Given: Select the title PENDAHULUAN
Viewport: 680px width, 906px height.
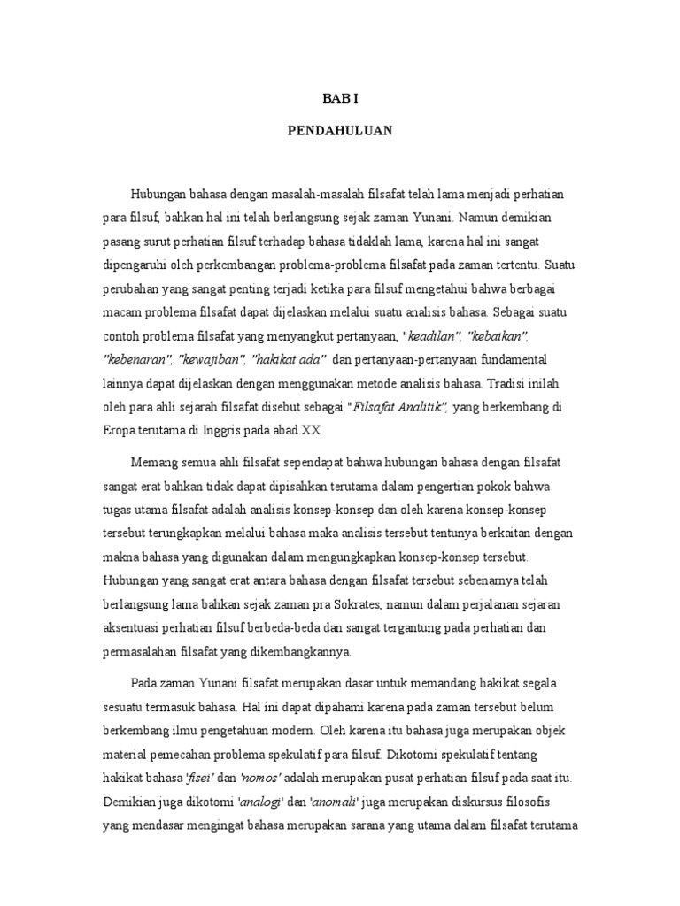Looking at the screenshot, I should click(x=339, y=131).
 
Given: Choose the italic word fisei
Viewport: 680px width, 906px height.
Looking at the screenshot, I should click(x=200, y=778).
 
